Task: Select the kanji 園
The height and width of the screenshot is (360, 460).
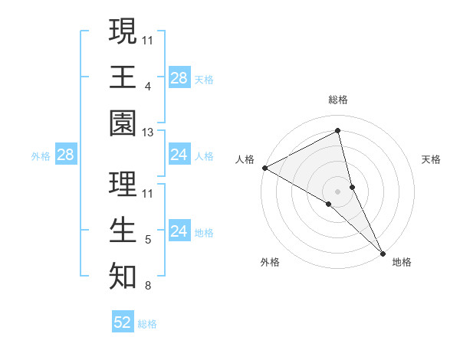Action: (x=123, y=123)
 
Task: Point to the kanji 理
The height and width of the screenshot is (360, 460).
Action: (x=123, y=184)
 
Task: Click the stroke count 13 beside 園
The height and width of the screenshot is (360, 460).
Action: (x=148, y=133)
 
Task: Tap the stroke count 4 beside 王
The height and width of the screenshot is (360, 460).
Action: (x=148, y=86)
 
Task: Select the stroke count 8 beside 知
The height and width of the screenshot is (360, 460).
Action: (x=148, y=286)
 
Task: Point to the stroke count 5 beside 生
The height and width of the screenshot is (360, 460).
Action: (x=148, y=241)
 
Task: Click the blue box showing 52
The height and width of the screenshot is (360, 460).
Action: (x=122, y=322)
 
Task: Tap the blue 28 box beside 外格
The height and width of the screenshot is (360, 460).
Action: (x=65, y=155)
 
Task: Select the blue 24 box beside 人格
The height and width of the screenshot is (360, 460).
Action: (x=179, y=155)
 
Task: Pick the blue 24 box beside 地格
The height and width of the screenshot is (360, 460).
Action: (x=179, y=231)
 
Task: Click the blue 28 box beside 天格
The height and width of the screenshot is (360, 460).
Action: (x=179, y=77)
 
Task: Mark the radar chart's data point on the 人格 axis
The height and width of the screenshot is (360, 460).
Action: (x=264, y=167)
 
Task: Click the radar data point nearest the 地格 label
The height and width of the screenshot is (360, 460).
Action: (x=383, y=251)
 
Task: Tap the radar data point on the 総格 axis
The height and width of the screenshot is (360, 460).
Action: (x=338, y=130)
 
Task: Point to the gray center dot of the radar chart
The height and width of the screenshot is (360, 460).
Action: (x=338, y=191)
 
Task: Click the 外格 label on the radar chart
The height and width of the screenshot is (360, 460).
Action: (x=270, y=262)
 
